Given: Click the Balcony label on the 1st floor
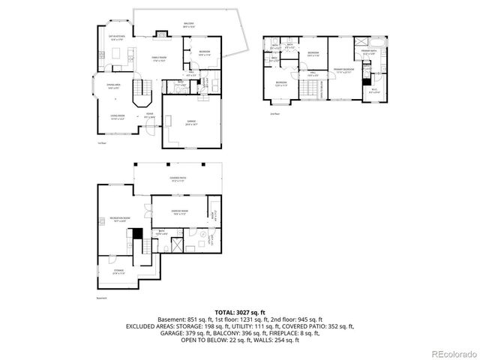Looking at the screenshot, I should click(189, 25).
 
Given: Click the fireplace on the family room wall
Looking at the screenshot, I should click(160, 34).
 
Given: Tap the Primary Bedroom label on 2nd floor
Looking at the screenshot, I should click(343, 70).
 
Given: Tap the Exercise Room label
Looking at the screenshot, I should click(179, 212).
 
